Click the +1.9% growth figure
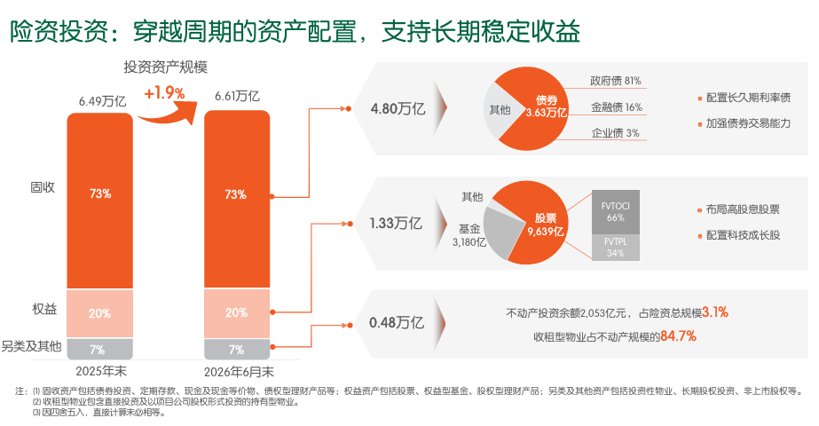click(164, 93)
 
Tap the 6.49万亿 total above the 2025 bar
click(102, 101)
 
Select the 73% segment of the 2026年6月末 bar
click(237, 199)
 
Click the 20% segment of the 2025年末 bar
click(99, 313)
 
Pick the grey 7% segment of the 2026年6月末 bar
click(237, 349)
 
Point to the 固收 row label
click(43, 187)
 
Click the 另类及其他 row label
click(31, 346)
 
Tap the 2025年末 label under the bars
click(101, 371)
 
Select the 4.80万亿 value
click(398, 109)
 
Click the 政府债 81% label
click(615, 81)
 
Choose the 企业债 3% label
click(615, 133)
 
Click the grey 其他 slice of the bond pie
click(500, 110)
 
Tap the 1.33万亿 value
click(396, 223)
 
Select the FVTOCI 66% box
click(615, 212)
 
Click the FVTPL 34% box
click(615, 248)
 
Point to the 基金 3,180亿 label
click(469, 235)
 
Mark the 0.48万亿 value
click(397, 322)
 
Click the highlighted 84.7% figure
click(678, 335)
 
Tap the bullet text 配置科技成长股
click(743, 235)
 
